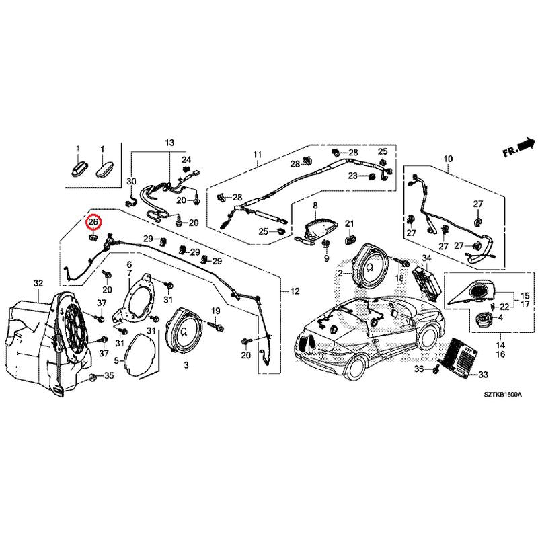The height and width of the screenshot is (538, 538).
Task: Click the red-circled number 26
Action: (x=93, y=221)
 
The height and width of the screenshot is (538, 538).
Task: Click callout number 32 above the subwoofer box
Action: (x=38, y=283)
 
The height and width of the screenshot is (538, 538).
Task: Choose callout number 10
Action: (x=448, y=159)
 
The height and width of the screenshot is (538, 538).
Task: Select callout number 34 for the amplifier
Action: (x=426, y=258)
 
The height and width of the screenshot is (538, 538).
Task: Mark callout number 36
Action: (x=418, y=369)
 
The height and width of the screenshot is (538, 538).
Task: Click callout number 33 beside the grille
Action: (x=483, y=375)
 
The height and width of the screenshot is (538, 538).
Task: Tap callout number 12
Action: (x=295, y=291)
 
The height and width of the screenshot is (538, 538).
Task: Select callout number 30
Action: (x=131, y=182)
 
